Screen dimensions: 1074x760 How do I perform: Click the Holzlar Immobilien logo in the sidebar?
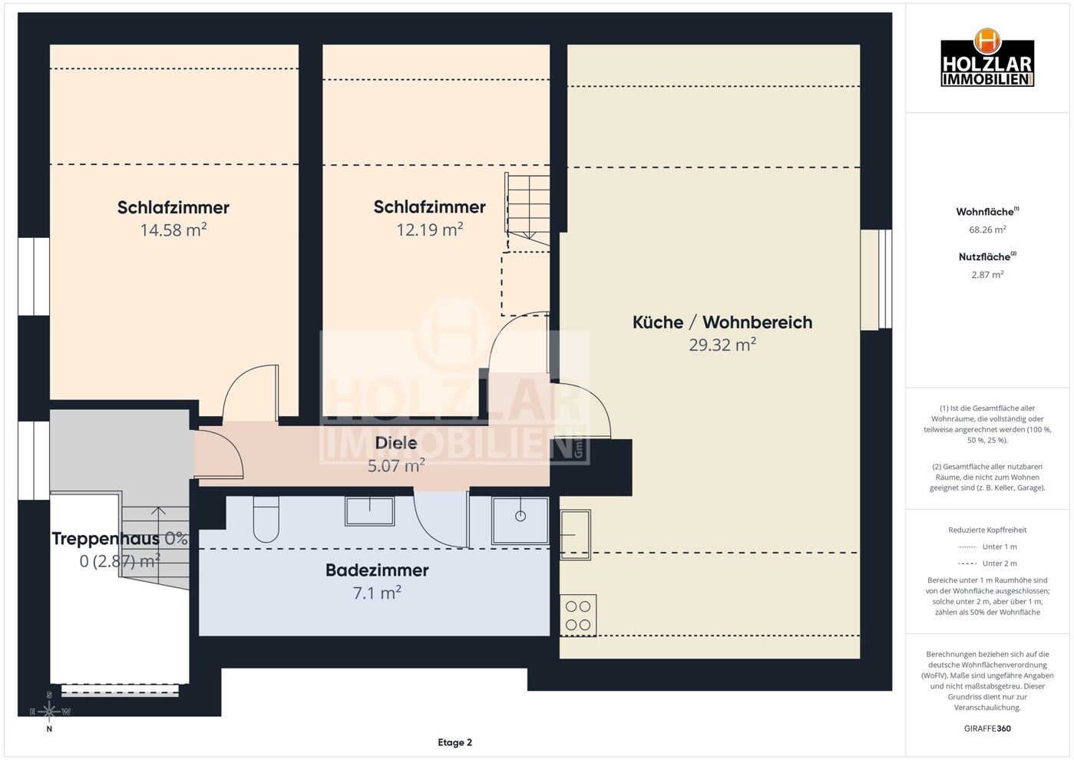(x=987, y=58)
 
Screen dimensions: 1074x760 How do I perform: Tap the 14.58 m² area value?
(x=173, y=230)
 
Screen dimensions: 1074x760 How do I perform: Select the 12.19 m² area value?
(x=429, y=230)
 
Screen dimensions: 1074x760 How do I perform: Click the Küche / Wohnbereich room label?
(x=722, y=322)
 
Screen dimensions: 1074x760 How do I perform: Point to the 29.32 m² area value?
(x=722, y=344)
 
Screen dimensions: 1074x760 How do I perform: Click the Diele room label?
(x=395, y=443)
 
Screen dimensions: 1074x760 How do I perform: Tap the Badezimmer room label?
(x=377, y=570)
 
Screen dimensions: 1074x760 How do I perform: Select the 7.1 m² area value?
(x=377, y=593)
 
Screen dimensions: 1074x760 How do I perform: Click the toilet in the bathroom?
(x=266, y=519)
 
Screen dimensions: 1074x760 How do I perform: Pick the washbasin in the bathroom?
(x=370, y=511)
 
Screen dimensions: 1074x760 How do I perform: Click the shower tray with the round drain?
(x=520, y=520)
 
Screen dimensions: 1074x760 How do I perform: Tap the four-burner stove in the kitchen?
(x=578, y=616)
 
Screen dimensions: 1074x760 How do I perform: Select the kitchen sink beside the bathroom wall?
(x=575, y=534)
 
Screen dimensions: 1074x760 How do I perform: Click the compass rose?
(x=49, y=712)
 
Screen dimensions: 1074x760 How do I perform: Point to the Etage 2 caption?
(x=454, y=743)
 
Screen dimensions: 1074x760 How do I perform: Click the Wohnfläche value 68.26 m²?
(x=987, y=230)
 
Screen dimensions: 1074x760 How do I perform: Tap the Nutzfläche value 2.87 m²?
(x=987, y=275)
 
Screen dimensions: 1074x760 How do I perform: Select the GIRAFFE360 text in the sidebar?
(x=987, y=729)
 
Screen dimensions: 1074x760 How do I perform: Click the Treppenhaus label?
(x=105, y=538)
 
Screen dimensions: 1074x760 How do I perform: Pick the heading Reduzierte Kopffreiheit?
(x=987, y=530)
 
